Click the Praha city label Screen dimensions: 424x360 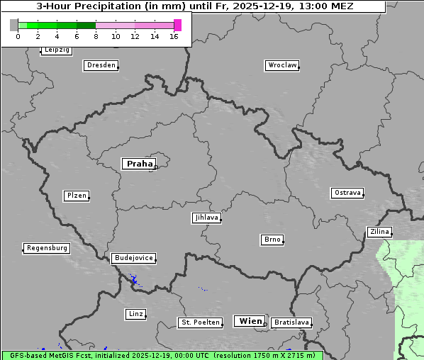click(x=139, y=164)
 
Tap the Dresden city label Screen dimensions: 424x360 click(x=101, y=65)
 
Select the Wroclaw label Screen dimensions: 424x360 click(x=282, y=65)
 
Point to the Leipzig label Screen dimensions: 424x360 click(x=56, y=50)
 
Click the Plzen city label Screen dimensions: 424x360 click(x=76, y=196)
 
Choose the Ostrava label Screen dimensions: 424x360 click(x=347, y=193)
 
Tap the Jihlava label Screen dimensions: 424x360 click(x=206, y=218)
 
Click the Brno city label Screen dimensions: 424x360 click(x=272, y=240)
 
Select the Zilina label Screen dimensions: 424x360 click(x=379, y=232)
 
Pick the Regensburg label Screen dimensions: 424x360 click(x=47, y=248)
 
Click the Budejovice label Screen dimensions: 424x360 click(x=133, y=258)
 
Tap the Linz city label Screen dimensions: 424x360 click(x=135, y=313)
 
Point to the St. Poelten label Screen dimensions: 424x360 click(x=200, y=322)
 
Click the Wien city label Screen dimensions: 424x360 click(x=250, y=321)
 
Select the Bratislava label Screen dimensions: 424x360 click(x=291, y=322)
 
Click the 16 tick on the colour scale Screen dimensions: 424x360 click(x=174, y=35)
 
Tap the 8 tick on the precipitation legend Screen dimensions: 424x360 click(x=96, y=35)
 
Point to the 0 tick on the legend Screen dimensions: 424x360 click(x=18, y=35)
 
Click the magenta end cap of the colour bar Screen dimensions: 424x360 click(x=177, y=25)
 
